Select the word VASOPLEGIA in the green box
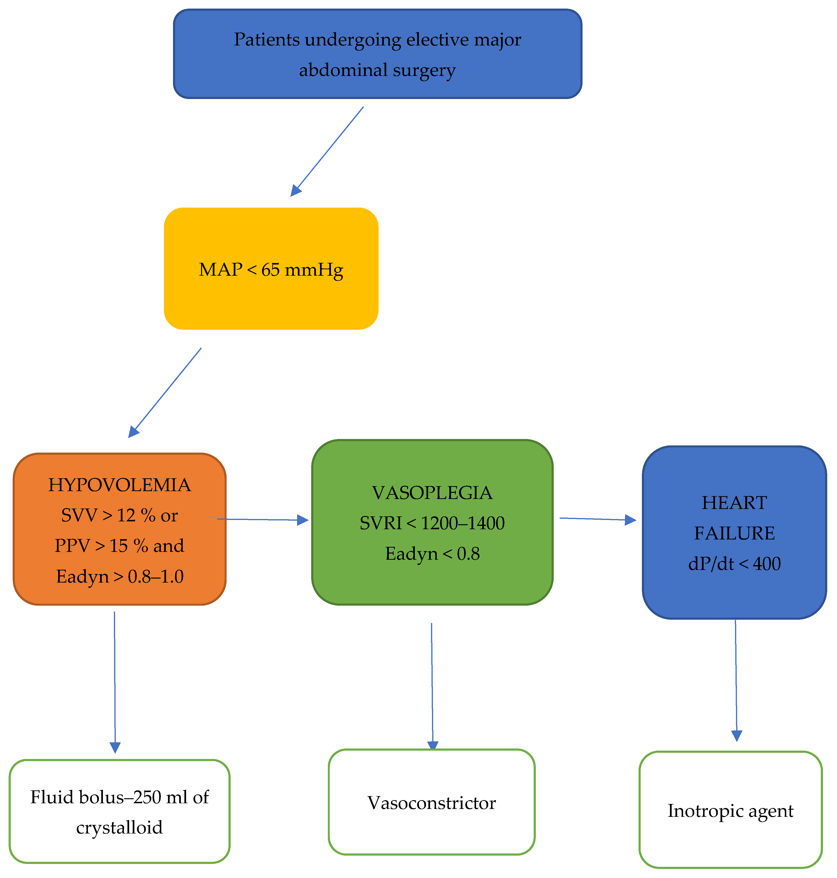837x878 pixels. point(432,493)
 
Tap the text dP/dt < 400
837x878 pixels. point(734,564)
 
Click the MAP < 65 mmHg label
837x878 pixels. point(271,269)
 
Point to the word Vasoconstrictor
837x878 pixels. point(431,803)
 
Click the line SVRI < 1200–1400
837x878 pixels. point(432,523)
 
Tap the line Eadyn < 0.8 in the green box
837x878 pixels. point(432,554)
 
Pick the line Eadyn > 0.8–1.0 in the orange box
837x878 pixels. point(120,577)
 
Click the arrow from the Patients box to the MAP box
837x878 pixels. point(328,151)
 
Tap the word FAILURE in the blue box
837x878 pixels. point(734,533)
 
